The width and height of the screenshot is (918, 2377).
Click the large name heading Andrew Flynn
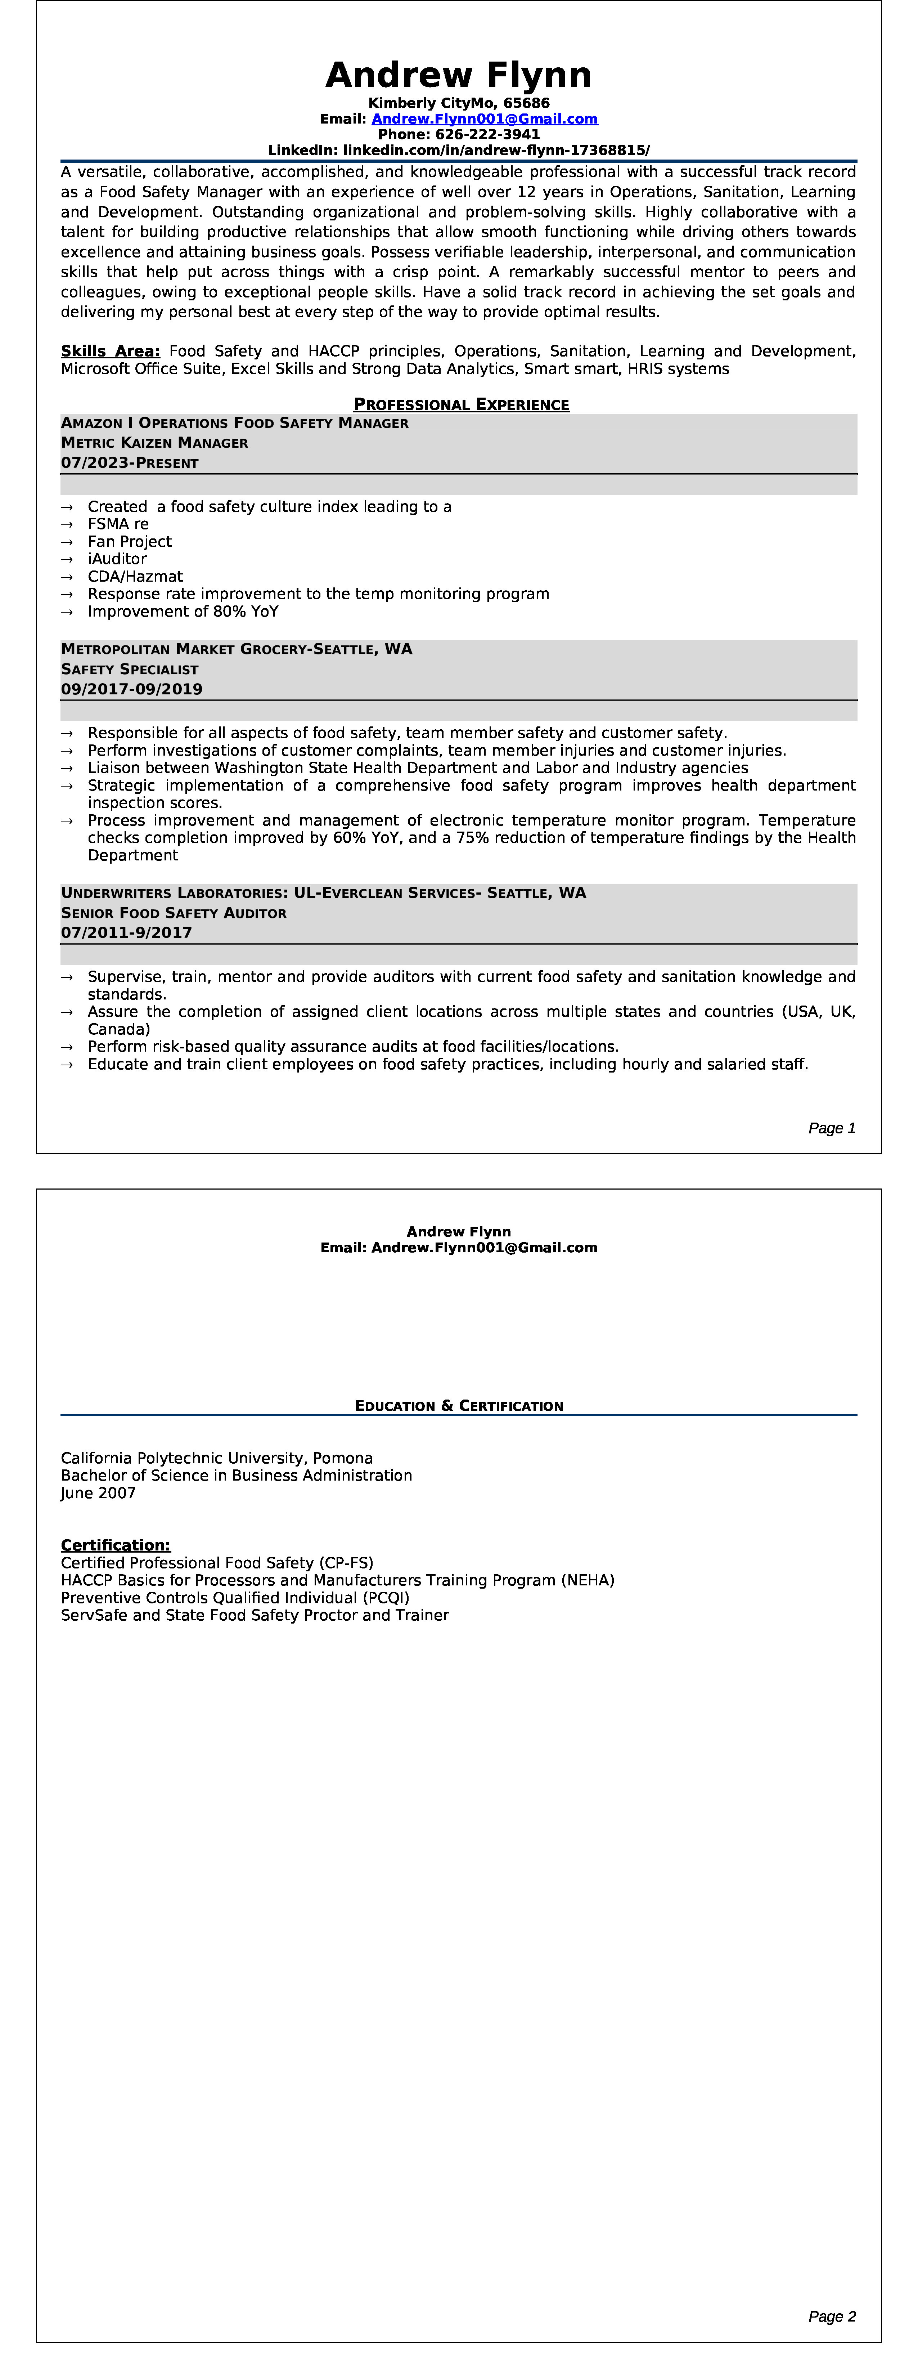(x=459, y=75)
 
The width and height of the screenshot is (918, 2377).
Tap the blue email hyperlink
(x=484, y=119)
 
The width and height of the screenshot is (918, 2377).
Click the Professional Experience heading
(x=461, y=404)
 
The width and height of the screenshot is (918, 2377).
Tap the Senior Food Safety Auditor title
(x=174, y=913)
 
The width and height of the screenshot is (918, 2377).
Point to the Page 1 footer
(x=831, y=1128)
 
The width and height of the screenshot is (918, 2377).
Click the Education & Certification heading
(x=459, y=1405)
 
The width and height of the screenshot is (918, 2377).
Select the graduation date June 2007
(x=98, y=1493)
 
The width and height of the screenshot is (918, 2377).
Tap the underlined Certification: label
(x=115, y=1545)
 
